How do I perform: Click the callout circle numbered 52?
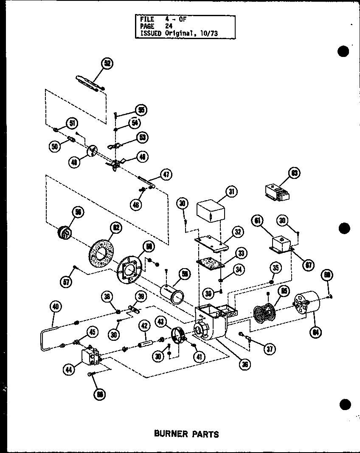(x=107, y=63)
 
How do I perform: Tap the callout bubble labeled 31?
(x=232, y=192)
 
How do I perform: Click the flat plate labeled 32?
(x=212, y=243)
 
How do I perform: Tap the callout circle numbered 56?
(x=79, y=212)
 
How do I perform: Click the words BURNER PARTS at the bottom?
(x=186, y=434)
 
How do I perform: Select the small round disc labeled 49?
(x=92, y=150)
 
